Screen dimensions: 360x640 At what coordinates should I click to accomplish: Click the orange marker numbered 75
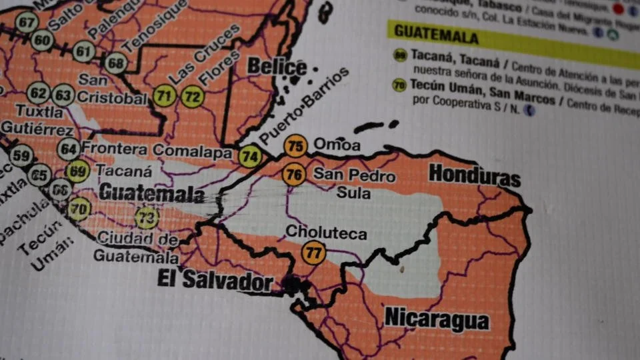(x=295, y=145)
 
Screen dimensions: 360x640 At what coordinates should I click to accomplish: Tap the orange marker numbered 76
(x=293, y=175)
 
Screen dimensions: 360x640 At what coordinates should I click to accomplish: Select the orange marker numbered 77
(x=313, y=253)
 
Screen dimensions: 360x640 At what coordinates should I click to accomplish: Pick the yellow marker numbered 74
(x=250, y=156)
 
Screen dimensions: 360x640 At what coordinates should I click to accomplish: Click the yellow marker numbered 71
(x=165, y=97)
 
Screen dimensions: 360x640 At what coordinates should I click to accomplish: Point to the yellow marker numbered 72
(x=192, y=97)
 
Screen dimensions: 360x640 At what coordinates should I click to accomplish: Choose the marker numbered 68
(x=115, y=63)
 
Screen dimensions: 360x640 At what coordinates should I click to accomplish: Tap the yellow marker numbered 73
(x=147, y=217)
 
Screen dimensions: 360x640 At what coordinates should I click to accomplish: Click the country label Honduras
(x=474, y=175)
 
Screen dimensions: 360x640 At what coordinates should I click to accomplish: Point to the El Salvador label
(x=215, y=280)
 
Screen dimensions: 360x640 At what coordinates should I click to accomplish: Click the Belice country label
(x=277, y=67)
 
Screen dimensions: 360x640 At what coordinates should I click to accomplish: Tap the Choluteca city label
(x=326, y=233)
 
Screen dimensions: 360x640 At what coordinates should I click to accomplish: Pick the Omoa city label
(x=337, y=145)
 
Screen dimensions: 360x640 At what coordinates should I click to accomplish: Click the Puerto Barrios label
(x=304, y=106)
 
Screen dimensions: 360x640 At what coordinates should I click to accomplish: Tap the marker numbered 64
(x=69, y=149)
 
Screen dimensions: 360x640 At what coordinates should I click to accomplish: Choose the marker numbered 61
(x=84, y=51)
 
